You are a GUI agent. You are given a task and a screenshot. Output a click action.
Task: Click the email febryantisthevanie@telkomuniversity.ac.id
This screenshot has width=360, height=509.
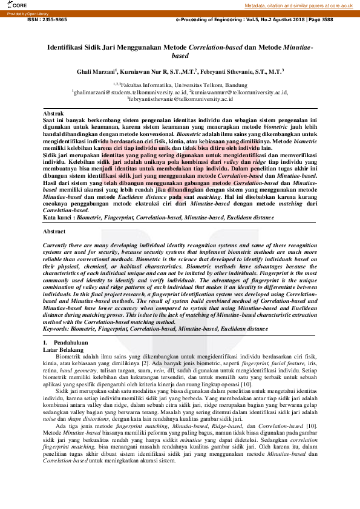point(181,99)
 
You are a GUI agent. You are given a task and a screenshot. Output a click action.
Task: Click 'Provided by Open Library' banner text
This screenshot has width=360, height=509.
point(28,13)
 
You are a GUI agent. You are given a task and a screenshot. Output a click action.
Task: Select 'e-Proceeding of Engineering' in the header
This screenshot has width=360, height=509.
point(213,19)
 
